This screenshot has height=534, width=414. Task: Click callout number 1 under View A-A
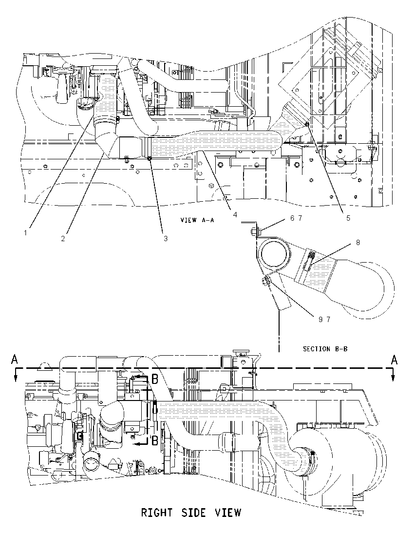(25, 233)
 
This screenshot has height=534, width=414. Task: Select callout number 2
(63, 239)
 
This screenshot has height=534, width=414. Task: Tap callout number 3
(166, 239)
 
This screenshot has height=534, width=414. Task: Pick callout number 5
(348, 218)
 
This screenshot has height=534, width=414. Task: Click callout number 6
(292, 218)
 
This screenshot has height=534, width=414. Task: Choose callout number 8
(358, 243)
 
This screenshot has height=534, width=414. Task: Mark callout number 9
(320, 319)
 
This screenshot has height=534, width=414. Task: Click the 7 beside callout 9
(328, 319)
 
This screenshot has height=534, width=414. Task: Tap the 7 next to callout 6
(300, 218)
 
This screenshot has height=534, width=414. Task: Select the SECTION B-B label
(325, 349)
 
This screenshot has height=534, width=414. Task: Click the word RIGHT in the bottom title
(156, 512)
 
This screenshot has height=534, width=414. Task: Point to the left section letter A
(14, 360)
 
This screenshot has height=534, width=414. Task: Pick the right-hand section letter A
(394, 360)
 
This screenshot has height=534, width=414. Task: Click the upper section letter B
(154, 379)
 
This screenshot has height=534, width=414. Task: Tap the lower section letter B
(154, 441)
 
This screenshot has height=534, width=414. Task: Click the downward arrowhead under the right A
(393, 377)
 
